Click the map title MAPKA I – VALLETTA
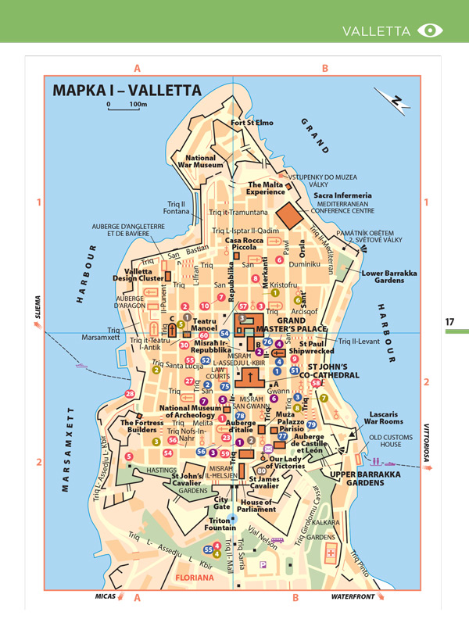click(127, 90)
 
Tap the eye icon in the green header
click(430, 30)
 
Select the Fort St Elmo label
click(252, 123)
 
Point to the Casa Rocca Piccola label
click(245, 245)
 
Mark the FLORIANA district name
click(195, 578)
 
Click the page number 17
click(449, 321)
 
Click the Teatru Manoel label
click(205, 325)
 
